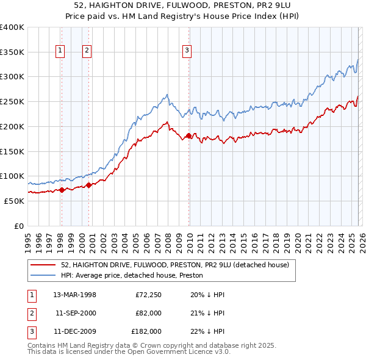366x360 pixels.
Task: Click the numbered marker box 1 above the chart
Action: (x=61, y=51)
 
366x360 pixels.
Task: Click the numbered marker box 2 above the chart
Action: (x=87, y=51)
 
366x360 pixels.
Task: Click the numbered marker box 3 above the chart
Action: (x=187, y=51)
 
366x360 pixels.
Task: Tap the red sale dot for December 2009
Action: (x=188, y=135)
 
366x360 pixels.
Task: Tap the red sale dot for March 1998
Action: (x=62, y=190)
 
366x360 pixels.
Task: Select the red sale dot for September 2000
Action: (x=88, y=185)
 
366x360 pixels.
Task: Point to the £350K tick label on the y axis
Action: (x=12, y=52)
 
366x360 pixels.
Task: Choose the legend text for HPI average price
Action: (x=132, y=275)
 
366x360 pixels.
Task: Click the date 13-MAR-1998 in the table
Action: (x=74, y=295)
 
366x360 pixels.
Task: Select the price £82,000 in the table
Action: (x=148, y=313)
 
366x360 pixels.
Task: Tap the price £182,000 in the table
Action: (x=146, y=331)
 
